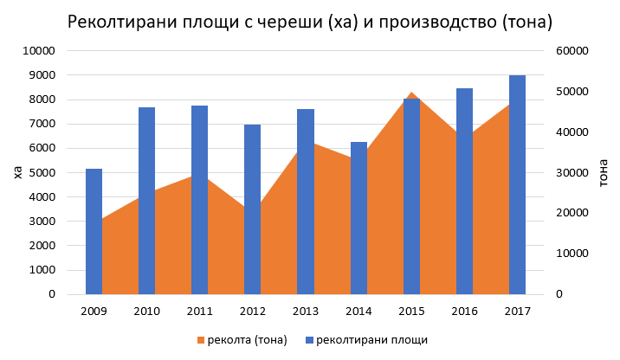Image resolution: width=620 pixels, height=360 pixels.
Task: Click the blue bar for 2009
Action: coord(94,231)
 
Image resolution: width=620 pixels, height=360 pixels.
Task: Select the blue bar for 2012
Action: coord(252,209)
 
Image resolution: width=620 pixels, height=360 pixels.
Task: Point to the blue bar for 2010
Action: coord(146,201)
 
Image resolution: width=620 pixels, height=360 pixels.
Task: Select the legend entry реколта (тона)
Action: coord(242,339)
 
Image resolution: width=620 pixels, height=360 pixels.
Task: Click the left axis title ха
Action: coord(16,172)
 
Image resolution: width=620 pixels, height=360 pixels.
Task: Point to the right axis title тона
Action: coord(604,172)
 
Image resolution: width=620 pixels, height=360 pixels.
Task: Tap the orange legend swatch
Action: coord(201,339)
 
